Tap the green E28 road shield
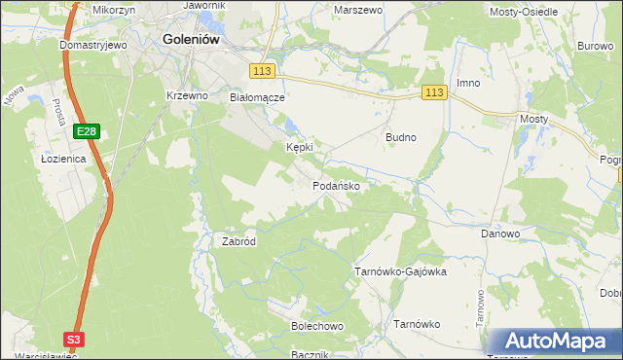tap(86, 130)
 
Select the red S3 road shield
tap(74, 339)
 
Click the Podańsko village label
tap(338, 185)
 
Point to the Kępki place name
tap(299, 147)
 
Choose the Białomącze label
tap(256, 97)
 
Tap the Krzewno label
tap(188, 95)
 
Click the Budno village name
tap(401, 137)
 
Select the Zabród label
tap(238, 241)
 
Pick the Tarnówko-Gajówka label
tap(399, 271)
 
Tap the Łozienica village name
tap(64, 158)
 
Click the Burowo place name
tap(594, 46)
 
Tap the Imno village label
tap(469, 83)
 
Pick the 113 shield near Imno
tap(434, 92)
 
